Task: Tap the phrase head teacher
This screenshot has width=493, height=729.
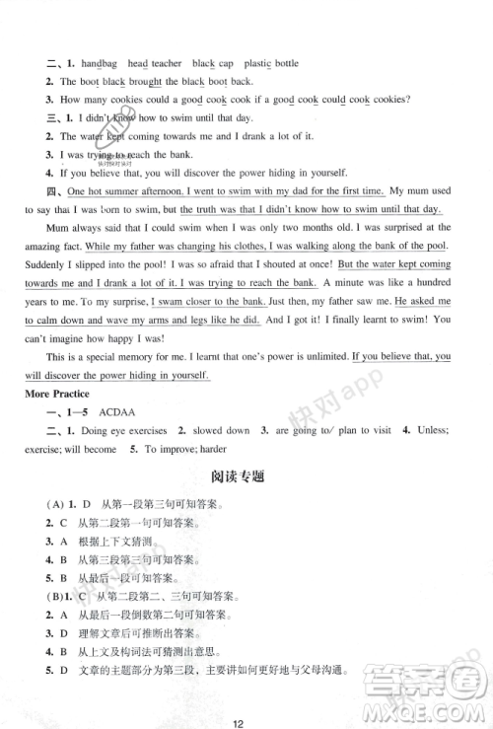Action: coord(152,64)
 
